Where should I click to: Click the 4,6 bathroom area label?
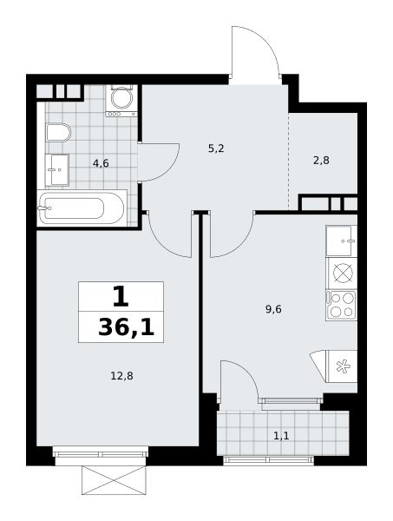pyautogui.click(x=101, y=163)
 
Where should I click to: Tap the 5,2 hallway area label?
pyautogui.click(x=216, y=148)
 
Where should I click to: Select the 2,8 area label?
pyautogui.click(x=321, y=161)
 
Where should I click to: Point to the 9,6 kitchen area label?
pyautogui.click(x=273, y=309)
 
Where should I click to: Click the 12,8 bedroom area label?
pyautogui.click(x=121, y=376)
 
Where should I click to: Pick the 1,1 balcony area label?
pyautogui.click(x=281, y=435)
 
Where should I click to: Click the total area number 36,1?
pyautogui.click(x=127, y=328)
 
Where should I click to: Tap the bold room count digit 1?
pyautogui.click(x=121, y=297)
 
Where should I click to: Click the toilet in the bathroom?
pyautogui.click(x=58, y=132)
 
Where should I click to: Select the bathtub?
pyautogui.click(x=82, y=208)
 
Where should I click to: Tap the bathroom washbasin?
pyautogui.click(x=57, y=170)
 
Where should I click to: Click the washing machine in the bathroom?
pyautogui.click(x=121, y=101)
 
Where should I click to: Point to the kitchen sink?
pyautogui.click(x=341, y=241)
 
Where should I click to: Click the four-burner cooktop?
pyautogui.click(x=342, y=306)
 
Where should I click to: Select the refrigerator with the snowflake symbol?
pyautogui.click(x=342, y=366)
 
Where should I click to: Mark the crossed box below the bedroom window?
pyautogui.click(x=114, y=480)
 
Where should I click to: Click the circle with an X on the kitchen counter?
pyautogui.click(x=342, y=273)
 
